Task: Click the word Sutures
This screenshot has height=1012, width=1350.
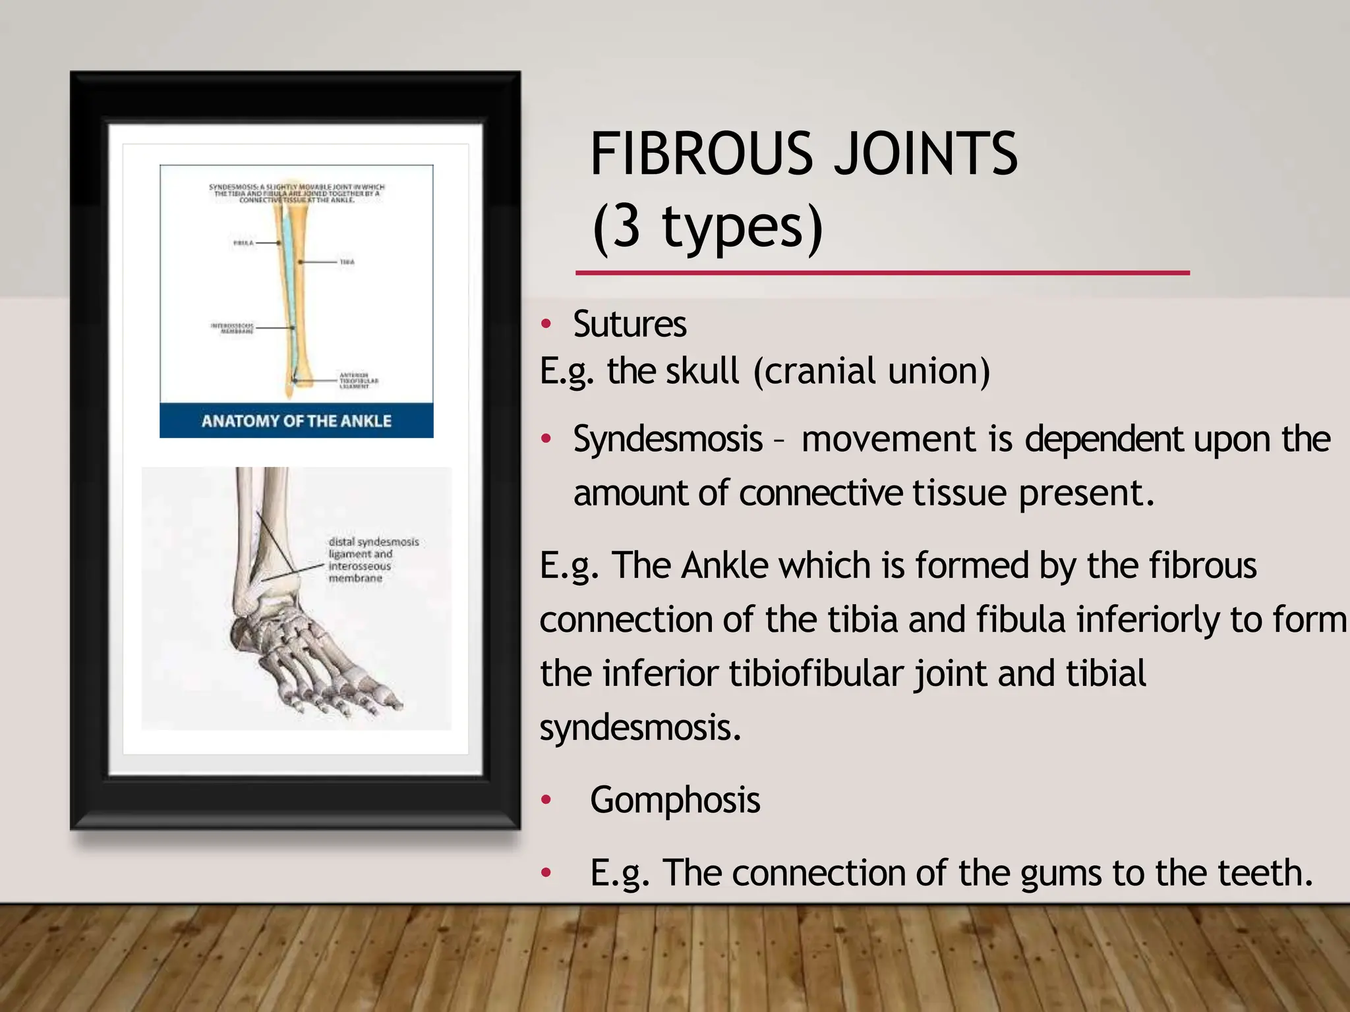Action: point(630,324)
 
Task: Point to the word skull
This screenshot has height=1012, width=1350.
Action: point(702,371)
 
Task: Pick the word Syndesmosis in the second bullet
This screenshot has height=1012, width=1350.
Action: point(668,439)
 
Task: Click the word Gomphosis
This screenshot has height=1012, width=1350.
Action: point(675,800)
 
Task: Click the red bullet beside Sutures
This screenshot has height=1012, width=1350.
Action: point(546,324)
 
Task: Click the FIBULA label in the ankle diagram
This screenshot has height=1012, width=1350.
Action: point(243,243)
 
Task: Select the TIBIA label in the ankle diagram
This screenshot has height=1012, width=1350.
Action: point(347,262)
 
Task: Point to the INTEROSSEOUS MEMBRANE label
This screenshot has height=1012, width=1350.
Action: point(232,328)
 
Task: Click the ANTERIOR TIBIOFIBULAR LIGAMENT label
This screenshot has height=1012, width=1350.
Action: point(358,380)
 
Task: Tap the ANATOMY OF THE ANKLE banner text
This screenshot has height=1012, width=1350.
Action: point(296,421)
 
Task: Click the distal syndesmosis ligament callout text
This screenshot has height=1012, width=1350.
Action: point(372,559)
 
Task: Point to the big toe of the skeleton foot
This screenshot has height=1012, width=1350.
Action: point(386,697)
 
